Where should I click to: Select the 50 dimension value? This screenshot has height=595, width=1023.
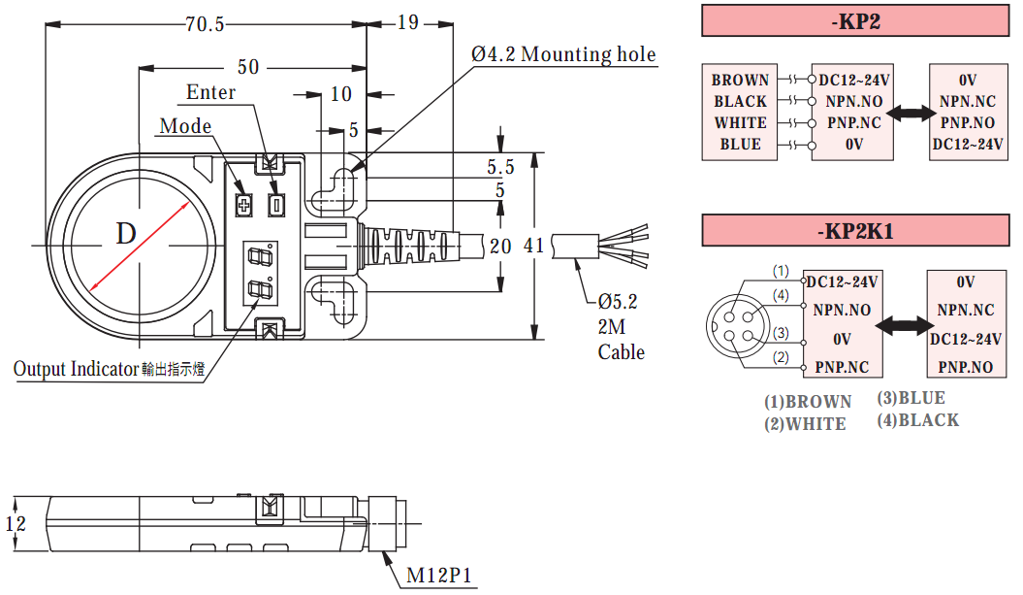coord(248,67)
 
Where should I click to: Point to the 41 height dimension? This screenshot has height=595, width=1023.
coord(533,246)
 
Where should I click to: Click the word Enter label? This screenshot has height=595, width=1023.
coord(210,92)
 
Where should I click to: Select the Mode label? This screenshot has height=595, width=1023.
coord(184,126)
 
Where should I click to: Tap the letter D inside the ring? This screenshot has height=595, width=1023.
coord(126,234)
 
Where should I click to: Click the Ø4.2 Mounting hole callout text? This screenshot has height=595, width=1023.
coord(563,54)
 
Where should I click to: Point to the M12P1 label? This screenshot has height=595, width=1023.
coord(438,575)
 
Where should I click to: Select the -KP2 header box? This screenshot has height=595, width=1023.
coord(855,21)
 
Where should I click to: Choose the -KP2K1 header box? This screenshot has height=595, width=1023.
coord(855,232)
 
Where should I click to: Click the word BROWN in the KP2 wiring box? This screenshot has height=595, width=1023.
coord(740,81)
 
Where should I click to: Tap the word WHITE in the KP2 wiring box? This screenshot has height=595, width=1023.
coord(741,123)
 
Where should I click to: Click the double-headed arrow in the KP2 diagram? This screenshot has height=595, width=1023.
coord(911,113)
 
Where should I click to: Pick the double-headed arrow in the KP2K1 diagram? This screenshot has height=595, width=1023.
coord(911,325)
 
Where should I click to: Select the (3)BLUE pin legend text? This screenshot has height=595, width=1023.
coord(911,398)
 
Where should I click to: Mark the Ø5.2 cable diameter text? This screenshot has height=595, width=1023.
coord(618,301)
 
